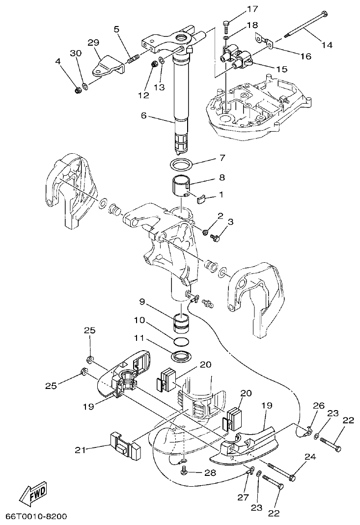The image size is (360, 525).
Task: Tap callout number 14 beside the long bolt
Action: point(327,45)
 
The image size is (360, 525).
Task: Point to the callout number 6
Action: point(143,115)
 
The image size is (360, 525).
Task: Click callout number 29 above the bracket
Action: point(93,42)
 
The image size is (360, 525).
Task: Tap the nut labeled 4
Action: point(77,90)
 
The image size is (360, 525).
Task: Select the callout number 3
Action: point(230,221)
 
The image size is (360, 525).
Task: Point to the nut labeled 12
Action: point(154,63)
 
